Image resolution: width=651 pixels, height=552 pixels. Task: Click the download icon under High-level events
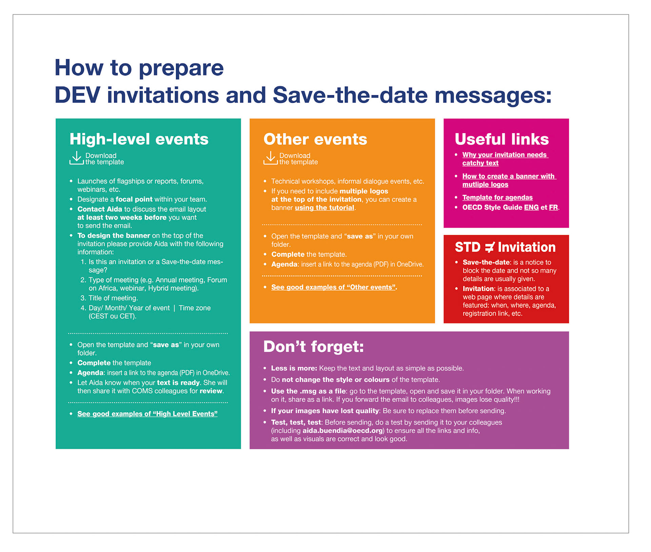click(x=77, y=158)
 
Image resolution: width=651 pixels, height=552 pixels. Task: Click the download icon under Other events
click(x=270, y=158)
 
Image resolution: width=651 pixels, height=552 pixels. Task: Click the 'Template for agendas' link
click(x=497, y=197)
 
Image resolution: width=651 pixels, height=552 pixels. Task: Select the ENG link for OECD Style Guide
click(x=531, y=208)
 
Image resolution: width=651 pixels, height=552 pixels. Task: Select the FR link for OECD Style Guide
click(x=553, y=208)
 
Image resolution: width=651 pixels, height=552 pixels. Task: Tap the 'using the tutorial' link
click(x=324, y=208)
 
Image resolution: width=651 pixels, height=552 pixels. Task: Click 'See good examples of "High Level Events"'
click(x=147, y=414)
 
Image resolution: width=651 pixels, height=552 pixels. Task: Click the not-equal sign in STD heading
click(x=489, y=248)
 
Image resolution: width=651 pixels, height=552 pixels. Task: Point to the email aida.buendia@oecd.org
click(x=342, y=431)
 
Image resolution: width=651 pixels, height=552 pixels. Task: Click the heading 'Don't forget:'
click(x=313, y=347)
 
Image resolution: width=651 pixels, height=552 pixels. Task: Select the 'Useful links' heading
click(x=501, y=139)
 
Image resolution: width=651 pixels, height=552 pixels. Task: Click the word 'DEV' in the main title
click(x=77, y=95)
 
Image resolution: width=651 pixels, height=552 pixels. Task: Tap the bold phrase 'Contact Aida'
click(x=99, y=209)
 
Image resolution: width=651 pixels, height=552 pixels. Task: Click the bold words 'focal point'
click(x=134, y=199)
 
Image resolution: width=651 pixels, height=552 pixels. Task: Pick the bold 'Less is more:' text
click(x=294, y=368)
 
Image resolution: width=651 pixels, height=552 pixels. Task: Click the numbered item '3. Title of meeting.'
click(x=109, y=298)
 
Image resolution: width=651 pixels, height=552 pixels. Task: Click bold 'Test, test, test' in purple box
click(x=296, y=423)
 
